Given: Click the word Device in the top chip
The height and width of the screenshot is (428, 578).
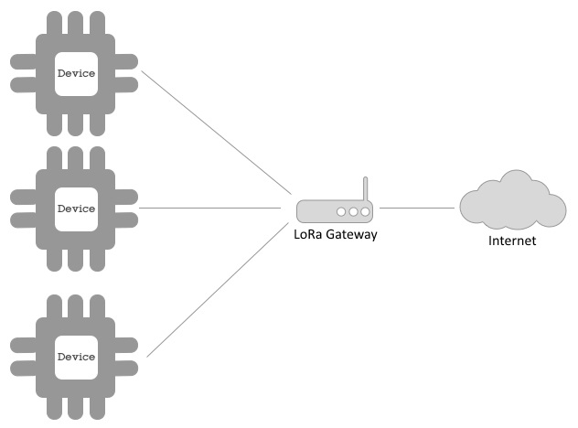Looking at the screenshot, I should click(75, 73).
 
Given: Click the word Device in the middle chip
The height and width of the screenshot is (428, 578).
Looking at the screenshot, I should click(75, 209).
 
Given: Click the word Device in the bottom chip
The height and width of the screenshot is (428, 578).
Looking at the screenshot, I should click(75, 356).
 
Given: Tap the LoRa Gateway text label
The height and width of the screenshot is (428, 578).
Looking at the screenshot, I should click(335, 234).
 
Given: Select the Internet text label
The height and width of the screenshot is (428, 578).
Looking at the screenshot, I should click(511, 241).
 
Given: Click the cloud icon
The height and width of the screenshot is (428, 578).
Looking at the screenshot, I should click(510, 203).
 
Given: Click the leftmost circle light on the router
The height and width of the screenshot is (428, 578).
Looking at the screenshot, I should click(341, 211).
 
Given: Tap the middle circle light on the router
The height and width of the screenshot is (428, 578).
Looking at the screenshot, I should click(353, 211).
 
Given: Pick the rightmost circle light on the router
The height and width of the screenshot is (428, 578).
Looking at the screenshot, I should click(365, 211).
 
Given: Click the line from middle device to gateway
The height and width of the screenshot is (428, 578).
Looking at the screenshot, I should click(210, 209).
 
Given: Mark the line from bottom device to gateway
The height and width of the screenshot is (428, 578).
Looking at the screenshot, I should click(215, 293).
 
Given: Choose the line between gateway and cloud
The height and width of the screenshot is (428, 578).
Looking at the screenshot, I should click(416, 209).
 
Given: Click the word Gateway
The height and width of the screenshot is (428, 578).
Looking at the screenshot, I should click(351, 234).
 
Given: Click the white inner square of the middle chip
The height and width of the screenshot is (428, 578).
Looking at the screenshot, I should click(75, 192).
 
